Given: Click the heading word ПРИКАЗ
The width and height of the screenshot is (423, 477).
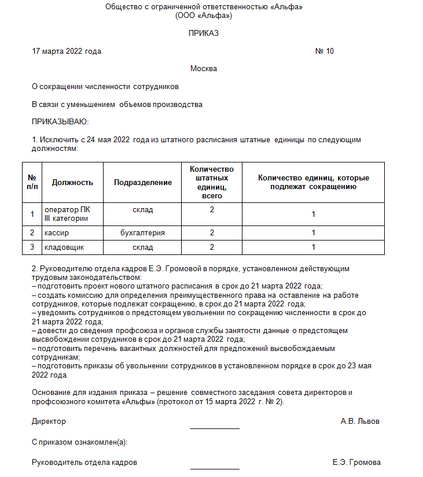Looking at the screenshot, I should tap(204, 34).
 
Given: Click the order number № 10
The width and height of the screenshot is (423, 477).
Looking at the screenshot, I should tap(324, 51).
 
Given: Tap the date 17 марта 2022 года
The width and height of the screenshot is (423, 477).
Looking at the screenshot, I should tap(67, 51).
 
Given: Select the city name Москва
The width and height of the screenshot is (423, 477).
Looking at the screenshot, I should tap(204, 69).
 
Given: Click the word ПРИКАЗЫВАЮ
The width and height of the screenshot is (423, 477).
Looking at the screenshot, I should tap(60, 122).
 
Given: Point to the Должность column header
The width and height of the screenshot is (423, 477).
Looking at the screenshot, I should tap(72, 182).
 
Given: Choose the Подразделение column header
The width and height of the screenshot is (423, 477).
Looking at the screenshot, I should tap(143, 182).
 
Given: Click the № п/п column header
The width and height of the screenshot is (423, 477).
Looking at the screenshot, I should tap(32, 182).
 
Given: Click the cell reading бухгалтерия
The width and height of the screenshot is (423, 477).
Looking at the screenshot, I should tap(143, 233).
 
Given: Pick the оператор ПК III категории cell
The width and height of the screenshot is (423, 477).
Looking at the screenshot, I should tap(67, 214).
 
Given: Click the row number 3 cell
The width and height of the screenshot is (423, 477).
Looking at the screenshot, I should tap(32, 247).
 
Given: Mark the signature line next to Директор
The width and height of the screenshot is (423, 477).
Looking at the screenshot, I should tap(215, 428).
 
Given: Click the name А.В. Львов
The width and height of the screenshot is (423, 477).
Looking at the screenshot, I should tap(360, 421).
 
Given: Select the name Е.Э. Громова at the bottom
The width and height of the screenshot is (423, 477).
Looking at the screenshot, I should tap(356, 463).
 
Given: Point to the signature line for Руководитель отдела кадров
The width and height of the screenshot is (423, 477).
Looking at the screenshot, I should tap(215, 468).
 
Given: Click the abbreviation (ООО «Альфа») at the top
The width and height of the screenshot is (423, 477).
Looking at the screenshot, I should tap(204, 15).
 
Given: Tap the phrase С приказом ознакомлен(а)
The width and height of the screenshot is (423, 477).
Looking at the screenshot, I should tap(80, 442).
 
